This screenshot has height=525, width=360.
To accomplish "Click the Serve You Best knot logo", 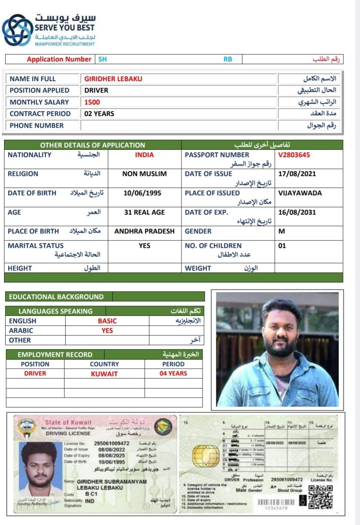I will click(x=17, y=30).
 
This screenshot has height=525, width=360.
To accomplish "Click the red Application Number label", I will click(x=59, y=59).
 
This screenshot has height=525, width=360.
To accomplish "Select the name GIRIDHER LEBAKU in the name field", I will click(x=113, y=79).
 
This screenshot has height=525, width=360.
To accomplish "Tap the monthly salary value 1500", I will click(x=92, y=102).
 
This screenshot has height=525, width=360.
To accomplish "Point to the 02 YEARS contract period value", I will click(x=99, y=114).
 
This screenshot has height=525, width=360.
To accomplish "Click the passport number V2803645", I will click(x=294, y=155).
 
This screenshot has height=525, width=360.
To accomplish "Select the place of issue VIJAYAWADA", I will click(x=300, y=193).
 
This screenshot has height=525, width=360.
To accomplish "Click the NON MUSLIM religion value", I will click(x=144, y=174).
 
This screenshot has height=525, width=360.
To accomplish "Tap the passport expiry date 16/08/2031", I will click(x=297, y=212).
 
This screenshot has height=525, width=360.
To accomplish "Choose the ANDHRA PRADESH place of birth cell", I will click(x=144, y=231).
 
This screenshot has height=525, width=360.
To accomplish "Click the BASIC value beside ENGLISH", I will click(x=107, y=321).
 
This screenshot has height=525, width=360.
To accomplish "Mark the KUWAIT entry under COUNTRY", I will click(x=104, y=374).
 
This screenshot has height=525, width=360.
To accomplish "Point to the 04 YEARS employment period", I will click(x=173, y=373).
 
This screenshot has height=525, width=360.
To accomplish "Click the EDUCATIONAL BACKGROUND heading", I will click(x=56, y=297).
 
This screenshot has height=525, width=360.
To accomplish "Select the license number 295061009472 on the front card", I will click(x=111, y=443).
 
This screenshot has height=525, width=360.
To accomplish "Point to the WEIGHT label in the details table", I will click(x=198, y=268).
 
